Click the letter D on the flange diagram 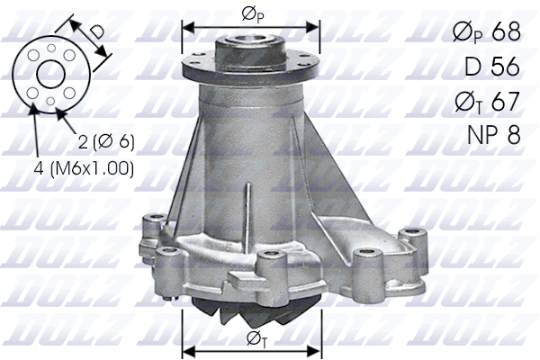pyautogui.click(x=97, y=31)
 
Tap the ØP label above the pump pyautogui.click(x=252, y=13)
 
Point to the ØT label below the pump pyautogui.click(x=252, y=339)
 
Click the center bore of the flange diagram pyautogui.click(x=49, y=73)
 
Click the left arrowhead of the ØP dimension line pyautogui.click(x=187, y=25)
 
